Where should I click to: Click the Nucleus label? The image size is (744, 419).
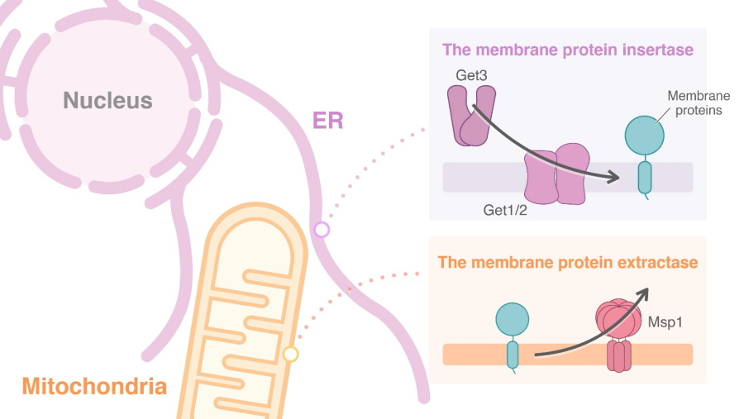(x=108, y=101)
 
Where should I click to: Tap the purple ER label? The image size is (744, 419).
(x=327, y=121)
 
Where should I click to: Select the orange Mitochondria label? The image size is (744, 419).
(x=94, y=386)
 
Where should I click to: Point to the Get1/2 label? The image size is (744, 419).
(x=505, y=210)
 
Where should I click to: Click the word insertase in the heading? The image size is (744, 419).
(x=655, y=50)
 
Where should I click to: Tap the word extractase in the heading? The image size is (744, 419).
(x=656, y=263)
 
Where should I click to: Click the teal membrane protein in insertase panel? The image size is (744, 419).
(x=644, y=152)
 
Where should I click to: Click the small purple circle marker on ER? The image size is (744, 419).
(x=322, y=230)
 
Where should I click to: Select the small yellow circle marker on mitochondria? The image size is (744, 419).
(x=290, y=355)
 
